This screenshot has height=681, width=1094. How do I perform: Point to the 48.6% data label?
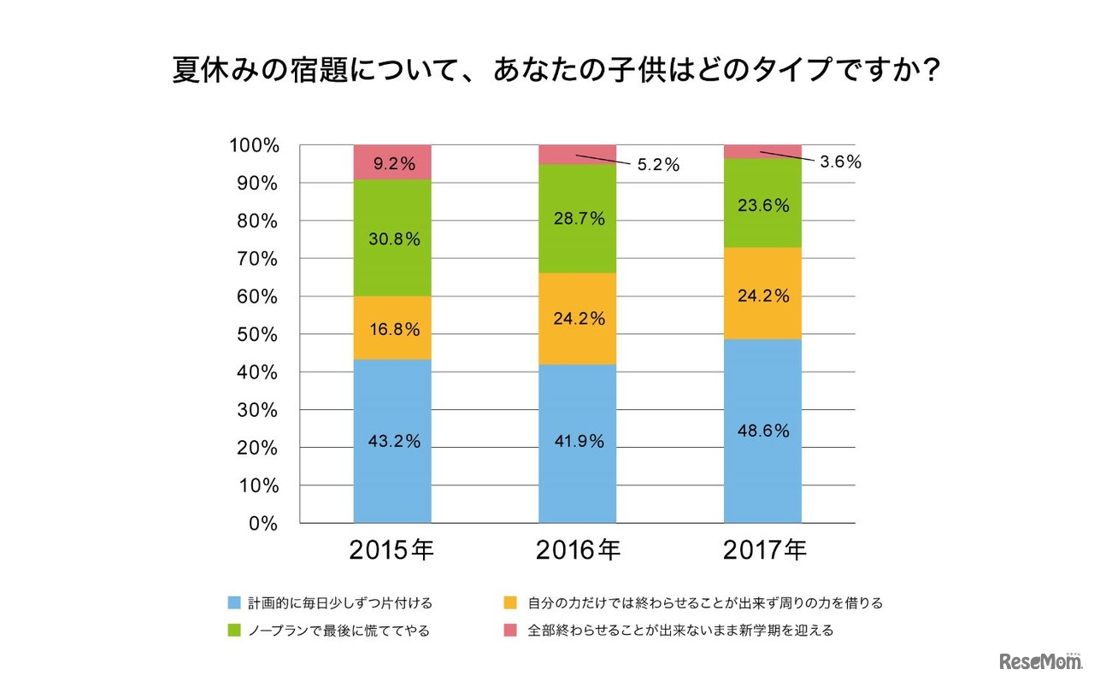click(762, 431)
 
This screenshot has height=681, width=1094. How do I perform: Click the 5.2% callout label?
click(659, 166)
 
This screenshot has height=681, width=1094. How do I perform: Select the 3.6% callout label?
click(840, 162)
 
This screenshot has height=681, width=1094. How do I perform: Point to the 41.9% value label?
click(577, 442)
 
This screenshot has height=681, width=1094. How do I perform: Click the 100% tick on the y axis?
click(254, 146)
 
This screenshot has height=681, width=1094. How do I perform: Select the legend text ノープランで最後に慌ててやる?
click(338, 631)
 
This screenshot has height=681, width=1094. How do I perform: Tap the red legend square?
click(512, 631)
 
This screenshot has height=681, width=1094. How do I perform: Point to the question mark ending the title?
click(931, 69)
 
